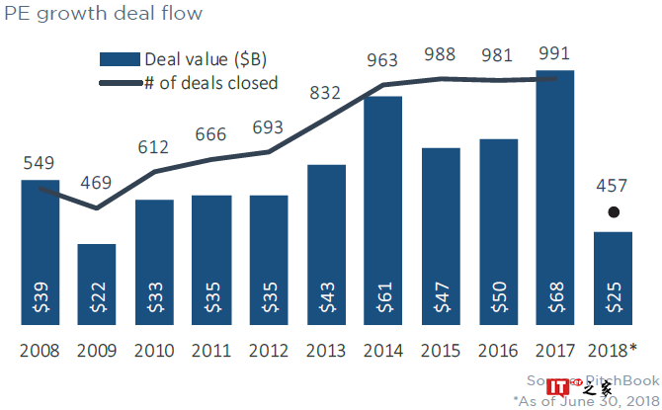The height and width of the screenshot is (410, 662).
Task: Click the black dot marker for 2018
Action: click(614, 211)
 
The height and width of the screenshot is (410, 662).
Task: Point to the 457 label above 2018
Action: click(614, 186)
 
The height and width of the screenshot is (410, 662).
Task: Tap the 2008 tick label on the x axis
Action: click(40, 351)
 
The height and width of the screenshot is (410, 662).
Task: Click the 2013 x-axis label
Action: click(326, 351)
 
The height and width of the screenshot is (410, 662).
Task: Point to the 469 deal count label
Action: click(97, 182)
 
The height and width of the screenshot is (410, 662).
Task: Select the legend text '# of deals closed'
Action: click(210, 83)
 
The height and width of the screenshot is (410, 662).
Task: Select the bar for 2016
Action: click(498, 227)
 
